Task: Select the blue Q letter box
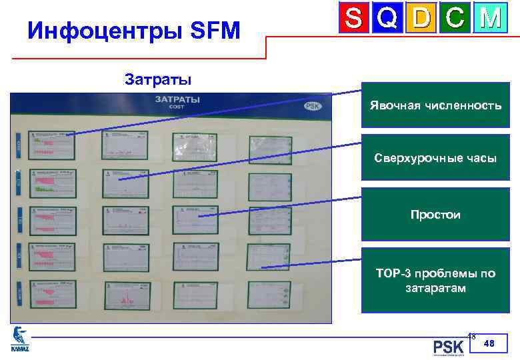tap(388, 19)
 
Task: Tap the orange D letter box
tap(421, 19)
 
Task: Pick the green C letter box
tap(455, 19)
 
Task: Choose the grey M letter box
tap(490, 19)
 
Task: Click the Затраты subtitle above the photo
tap(158, 81)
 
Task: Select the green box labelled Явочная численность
tap(435, 105)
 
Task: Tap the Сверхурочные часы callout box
tap(435, 158)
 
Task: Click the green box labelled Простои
tap(435, 215)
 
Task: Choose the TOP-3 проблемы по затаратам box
tap(435, 281)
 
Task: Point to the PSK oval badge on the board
tap(312, 105)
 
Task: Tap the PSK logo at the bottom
tap(448, 347)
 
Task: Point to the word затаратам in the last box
tap(435, 289)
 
